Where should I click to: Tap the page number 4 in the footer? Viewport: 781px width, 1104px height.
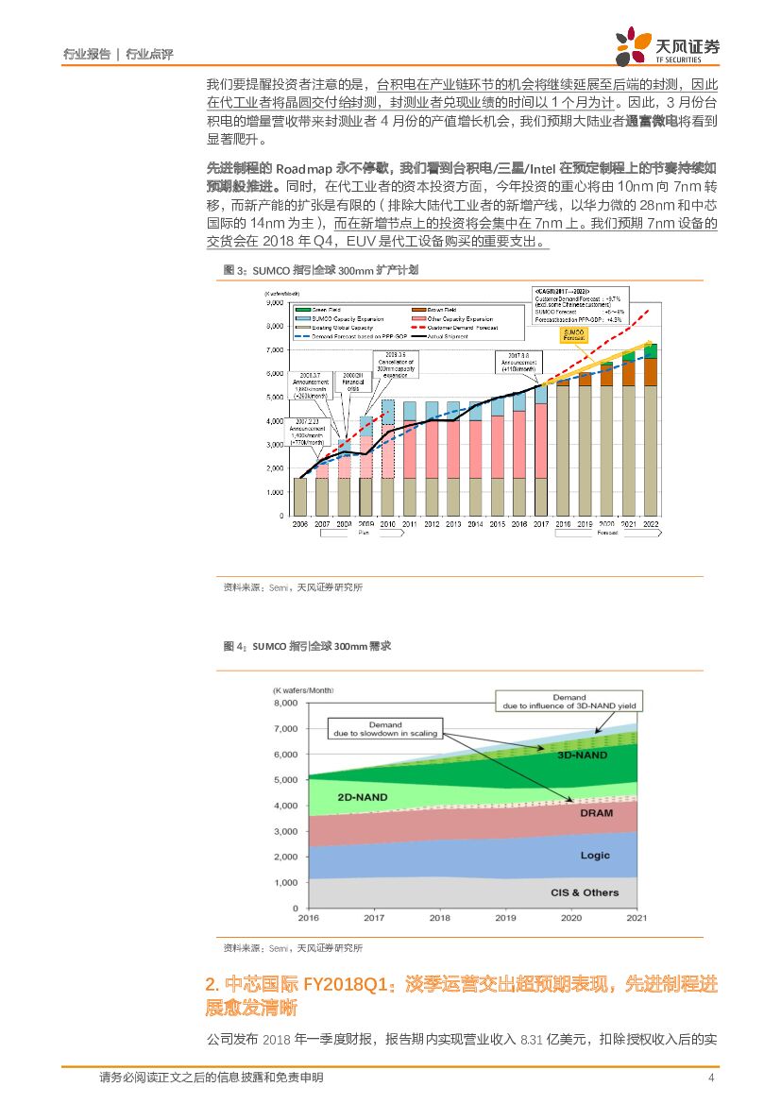pyautogui.click(x=709, y=1078)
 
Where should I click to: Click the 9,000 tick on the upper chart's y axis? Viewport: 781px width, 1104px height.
pyautogui.click(x=276, y=304)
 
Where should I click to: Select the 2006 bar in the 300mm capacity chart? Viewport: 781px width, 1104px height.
pyautogui.click(x=300, y=497)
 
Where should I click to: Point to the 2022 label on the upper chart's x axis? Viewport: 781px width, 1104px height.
pyautogui.click(x=651, y=523)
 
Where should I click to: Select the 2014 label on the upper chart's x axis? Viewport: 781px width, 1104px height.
pyautogui.click(x=475, y=523)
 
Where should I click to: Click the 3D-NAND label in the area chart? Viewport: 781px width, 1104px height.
pyautogui.click(x=582, y=755)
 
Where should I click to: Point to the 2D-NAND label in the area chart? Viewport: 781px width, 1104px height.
pyautogui.click(x=363, y=797)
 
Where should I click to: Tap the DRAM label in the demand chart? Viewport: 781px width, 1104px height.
pyautogui.click(x=596, y=813)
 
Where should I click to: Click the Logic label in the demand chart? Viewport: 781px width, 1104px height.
pyautogui.click(x=595, y=856)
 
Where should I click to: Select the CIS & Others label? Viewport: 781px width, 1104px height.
pyautogui.click(x=585, y=892)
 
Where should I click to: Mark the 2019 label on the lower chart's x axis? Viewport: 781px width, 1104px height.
pyautogui.click(x=505, y=917)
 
